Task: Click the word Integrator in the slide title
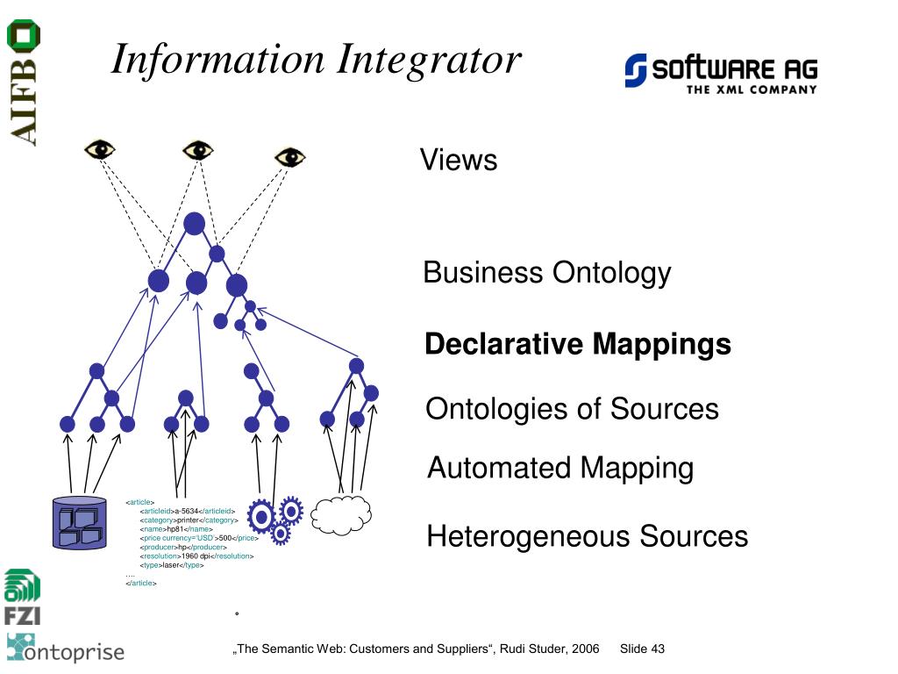point(430,60)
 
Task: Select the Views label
point(458,161)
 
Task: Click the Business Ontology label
point(546,273)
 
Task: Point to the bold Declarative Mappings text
point(577,344)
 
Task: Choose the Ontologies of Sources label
point(572,409)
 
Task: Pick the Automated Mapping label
point(559,468)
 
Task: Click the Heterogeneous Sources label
point(587,536)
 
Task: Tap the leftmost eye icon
point(100,149)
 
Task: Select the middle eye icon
point(198,150)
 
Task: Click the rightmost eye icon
point(289,157)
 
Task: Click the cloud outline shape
point(341,515)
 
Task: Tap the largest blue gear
point(261,516)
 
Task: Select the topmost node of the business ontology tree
point(194,223)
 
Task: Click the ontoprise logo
point(66,649)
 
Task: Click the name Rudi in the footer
point(514,649)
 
